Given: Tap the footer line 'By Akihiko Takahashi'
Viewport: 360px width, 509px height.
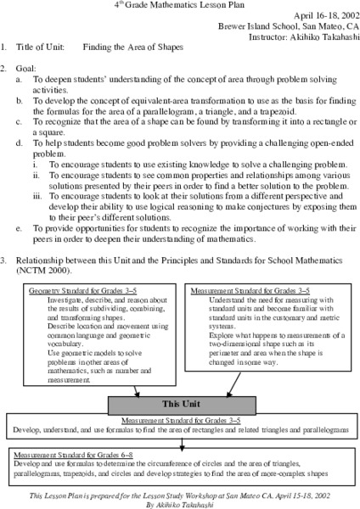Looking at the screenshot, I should click(179, 501).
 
